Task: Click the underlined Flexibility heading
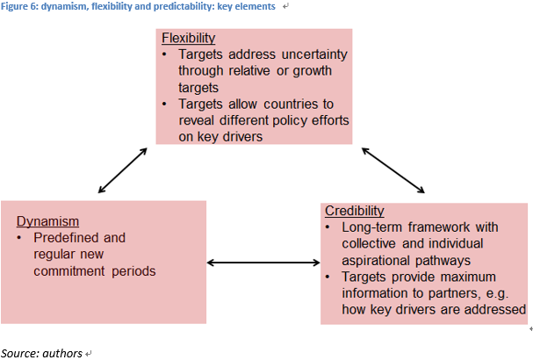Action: pos(188,38)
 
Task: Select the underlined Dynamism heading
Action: pos(47,221)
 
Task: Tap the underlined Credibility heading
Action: pos(355,211)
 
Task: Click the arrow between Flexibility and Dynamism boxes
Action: pos(122,170)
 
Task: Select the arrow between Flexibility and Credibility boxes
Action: pos(393,170)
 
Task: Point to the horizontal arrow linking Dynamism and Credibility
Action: pos(263,263)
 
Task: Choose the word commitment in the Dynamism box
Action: pos(69,271)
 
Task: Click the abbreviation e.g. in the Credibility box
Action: pos(497,294)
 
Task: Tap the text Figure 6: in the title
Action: pos(19,6)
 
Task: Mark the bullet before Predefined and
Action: pos(19,238)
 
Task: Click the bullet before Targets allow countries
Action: pos(164,104)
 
